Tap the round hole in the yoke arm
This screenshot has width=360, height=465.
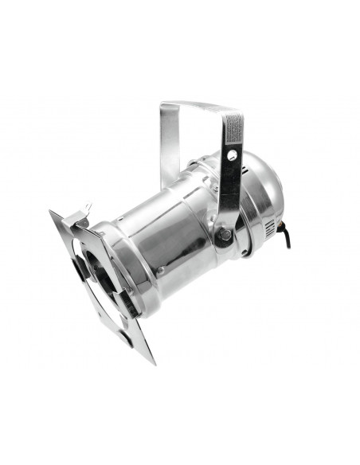pos(232,157)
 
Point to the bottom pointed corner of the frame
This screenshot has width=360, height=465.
pos(151,361)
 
